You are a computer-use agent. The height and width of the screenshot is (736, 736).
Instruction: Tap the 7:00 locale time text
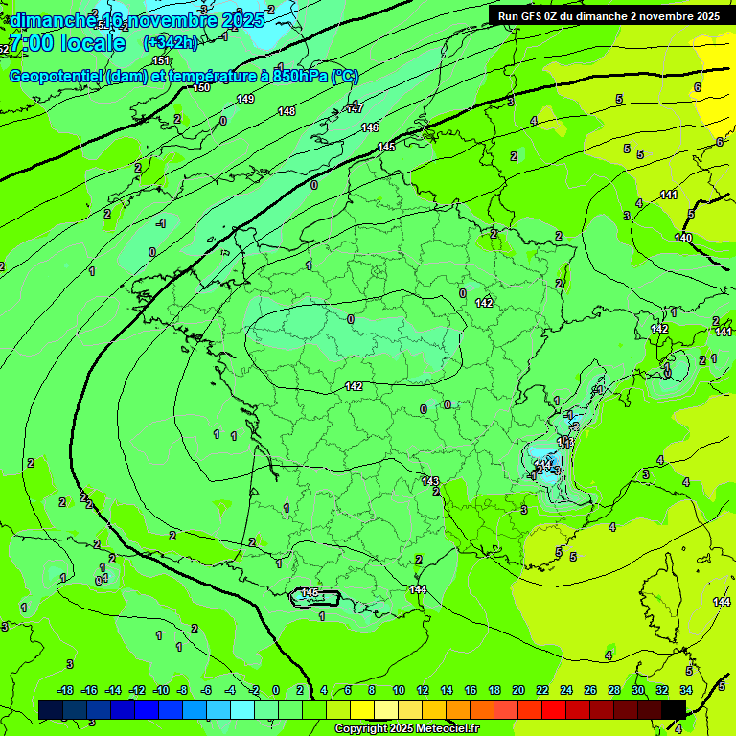tap(67, 43)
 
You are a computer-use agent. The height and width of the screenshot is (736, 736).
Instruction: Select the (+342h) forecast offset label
tap(170, 43)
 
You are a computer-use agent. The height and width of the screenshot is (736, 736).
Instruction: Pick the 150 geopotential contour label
tap(201, 88)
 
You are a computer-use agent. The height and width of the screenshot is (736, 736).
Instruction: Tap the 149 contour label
tap(245, 100)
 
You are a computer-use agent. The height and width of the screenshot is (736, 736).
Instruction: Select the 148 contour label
tap(287, 112)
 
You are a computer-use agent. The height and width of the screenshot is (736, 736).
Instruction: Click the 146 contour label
tap(370, 128)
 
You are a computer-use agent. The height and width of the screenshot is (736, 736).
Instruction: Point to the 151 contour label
tap(161, 61)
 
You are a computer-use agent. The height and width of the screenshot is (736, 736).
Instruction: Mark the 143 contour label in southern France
tap(430, 481)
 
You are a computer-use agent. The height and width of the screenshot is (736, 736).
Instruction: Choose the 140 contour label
tap(683, 238)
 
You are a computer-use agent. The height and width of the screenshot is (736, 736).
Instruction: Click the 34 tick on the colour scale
tap(686, 691)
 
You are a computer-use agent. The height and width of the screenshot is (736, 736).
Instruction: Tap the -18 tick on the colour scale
tap(65, 691)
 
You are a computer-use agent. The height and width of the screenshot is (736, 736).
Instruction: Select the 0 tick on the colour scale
tap(276, 691)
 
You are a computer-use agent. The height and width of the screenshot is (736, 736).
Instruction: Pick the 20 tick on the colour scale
tap(518, 691)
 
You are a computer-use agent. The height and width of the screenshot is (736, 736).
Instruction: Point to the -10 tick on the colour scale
tap(161, 691)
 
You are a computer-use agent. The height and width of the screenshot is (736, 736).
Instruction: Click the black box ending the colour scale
tap(674, 709)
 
